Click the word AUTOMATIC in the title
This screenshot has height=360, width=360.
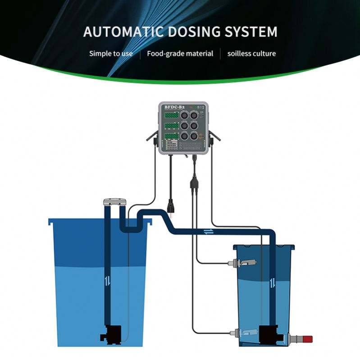pyautogui.click(x=123, y=32)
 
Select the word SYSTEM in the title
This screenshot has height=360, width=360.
pyautogui.click(x=251, y=32)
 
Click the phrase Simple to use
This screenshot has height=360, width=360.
pyautogui.click(x=111, y=54)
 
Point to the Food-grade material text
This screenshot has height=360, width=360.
pyautogui.click(x=180, y=54)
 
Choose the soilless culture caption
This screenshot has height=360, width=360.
pyautogui.click(x=251, y=54)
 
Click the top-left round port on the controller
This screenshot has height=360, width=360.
pyautogui.click(x=185, y=115)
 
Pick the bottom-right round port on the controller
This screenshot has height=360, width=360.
pyautogui.click(x=195, y=136)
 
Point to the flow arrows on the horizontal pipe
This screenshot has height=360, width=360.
pyautogui.click(x=208, y=232)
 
